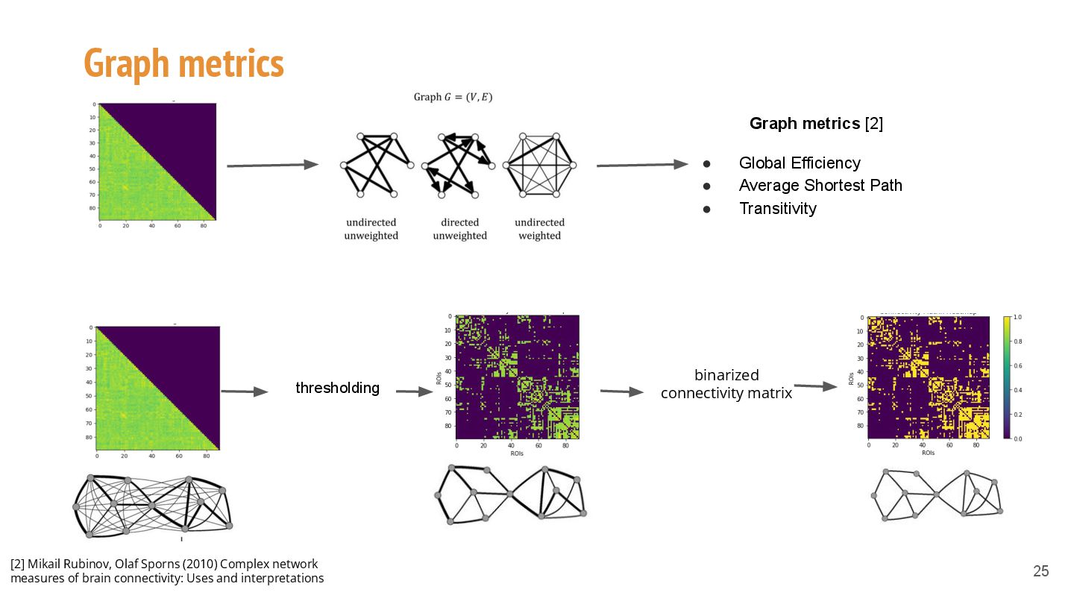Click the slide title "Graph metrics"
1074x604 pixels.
tap(183, 63)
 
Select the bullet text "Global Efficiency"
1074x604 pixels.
tap(800, 163)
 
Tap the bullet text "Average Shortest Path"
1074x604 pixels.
tap(820, 186)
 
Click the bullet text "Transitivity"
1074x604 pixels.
tap(777, 209)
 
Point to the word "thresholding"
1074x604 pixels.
tap(337, 388)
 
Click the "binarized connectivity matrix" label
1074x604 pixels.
tap(726, 383)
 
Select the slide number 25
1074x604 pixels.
tap(1040, 571)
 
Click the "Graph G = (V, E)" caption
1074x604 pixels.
tap(453, 97)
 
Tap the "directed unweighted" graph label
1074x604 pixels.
tap(459, 229)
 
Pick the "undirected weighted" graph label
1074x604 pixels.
tap(539, 229)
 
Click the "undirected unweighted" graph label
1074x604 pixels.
tap(371, 229)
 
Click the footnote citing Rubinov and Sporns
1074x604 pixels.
tap(167, 570)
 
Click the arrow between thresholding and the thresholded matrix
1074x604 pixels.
tap(415, 391)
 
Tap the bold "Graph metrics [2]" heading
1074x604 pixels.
tap(816, 124)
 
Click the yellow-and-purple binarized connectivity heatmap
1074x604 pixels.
tap(929, 377)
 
